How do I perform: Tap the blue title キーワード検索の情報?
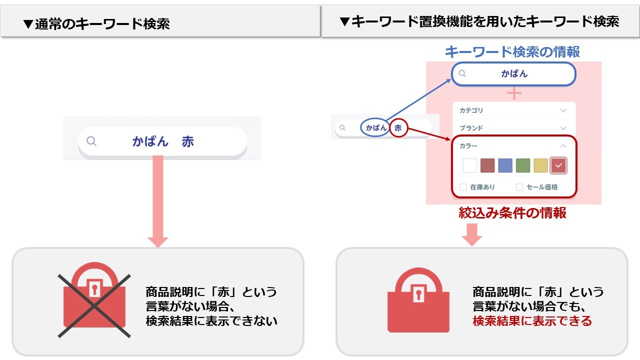click(512, 51)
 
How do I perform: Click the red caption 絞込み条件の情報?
click(512, 213)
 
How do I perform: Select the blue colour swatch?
click(505, 165)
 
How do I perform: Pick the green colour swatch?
click(523, 165)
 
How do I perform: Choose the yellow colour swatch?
click(540, 165)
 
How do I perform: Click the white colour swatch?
click(470, 165)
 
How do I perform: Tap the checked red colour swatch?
click(558, 165)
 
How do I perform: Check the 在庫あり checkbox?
click(463, 187)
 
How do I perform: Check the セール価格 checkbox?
click(519, 187)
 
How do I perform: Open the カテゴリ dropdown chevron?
click(563, 110)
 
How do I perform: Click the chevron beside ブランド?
click(563, 128)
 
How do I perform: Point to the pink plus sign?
click(514, 93)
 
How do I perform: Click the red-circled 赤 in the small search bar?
click(398, 128)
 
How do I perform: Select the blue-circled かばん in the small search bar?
click(376, 128)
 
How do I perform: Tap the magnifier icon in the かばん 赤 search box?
click(91, 141)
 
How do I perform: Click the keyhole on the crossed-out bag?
click(93, 289)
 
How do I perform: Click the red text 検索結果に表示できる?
click(532, 321)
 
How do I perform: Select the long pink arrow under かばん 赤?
click(158, 200)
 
